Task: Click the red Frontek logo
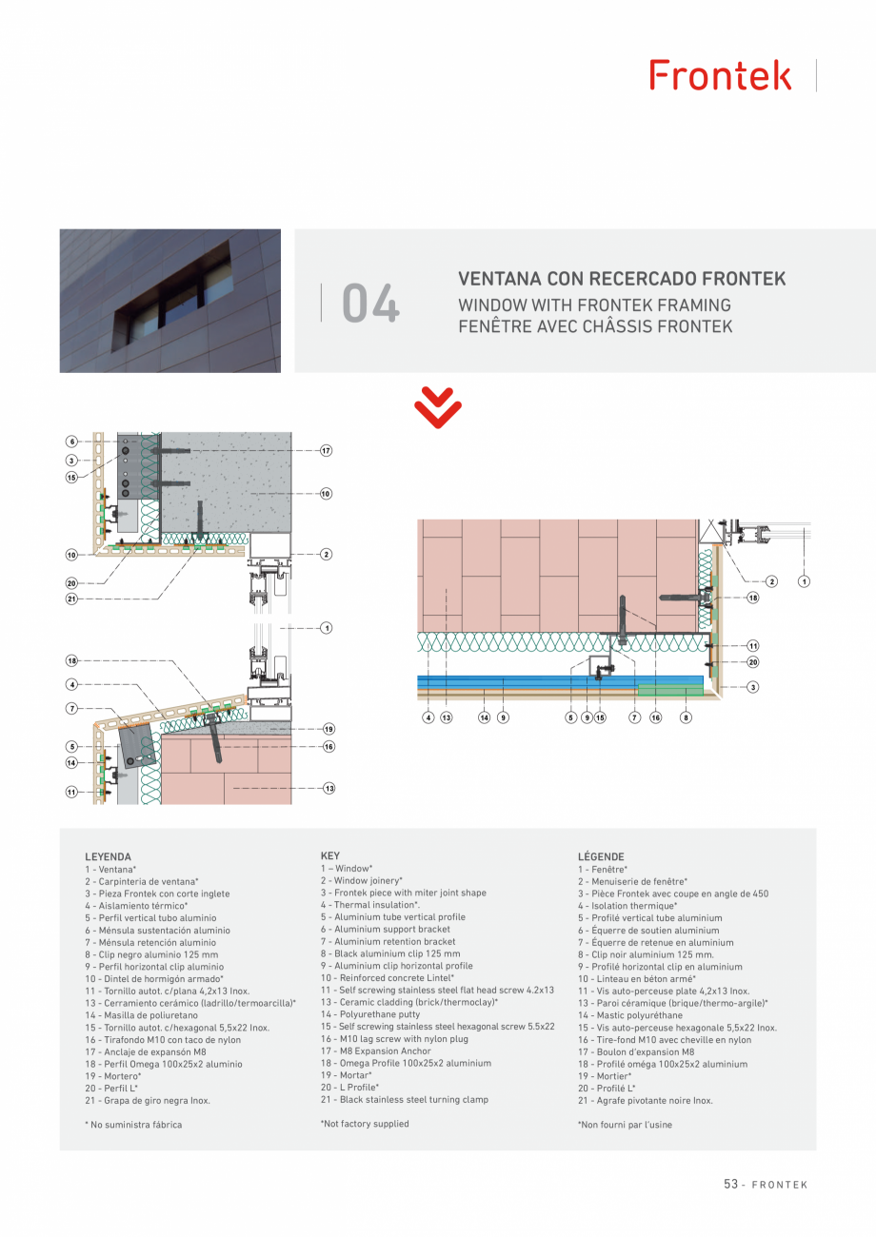click(x=721, y=75)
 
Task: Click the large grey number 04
click(x=370, y=304)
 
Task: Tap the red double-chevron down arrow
click(x=438, y=408)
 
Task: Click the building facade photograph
click(x=170, y=301)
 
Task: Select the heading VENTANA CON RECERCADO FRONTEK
click(x=622, y=279)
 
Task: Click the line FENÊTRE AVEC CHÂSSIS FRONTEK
click(x=595, y=326)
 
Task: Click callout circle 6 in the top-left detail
click(x=71, y=442)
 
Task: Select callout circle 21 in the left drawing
click(x=71, y=599)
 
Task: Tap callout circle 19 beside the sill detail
click(x=328, y=729)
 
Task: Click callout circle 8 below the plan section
click(x=686, y=717)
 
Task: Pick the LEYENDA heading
click(x=108, y=857)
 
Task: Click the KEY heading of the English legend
click(x=330, y=856)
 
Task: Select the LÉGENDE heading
click(x=601, y=857)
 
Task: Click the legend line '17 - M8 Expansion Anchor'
click(x=376, y=1051)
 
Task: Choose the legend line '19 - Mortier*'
click(x=605, y=1076)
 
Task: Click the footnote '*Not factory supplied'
click(x=365, y=1124)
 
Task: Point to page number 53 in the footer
click(x=731, y=1185)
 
